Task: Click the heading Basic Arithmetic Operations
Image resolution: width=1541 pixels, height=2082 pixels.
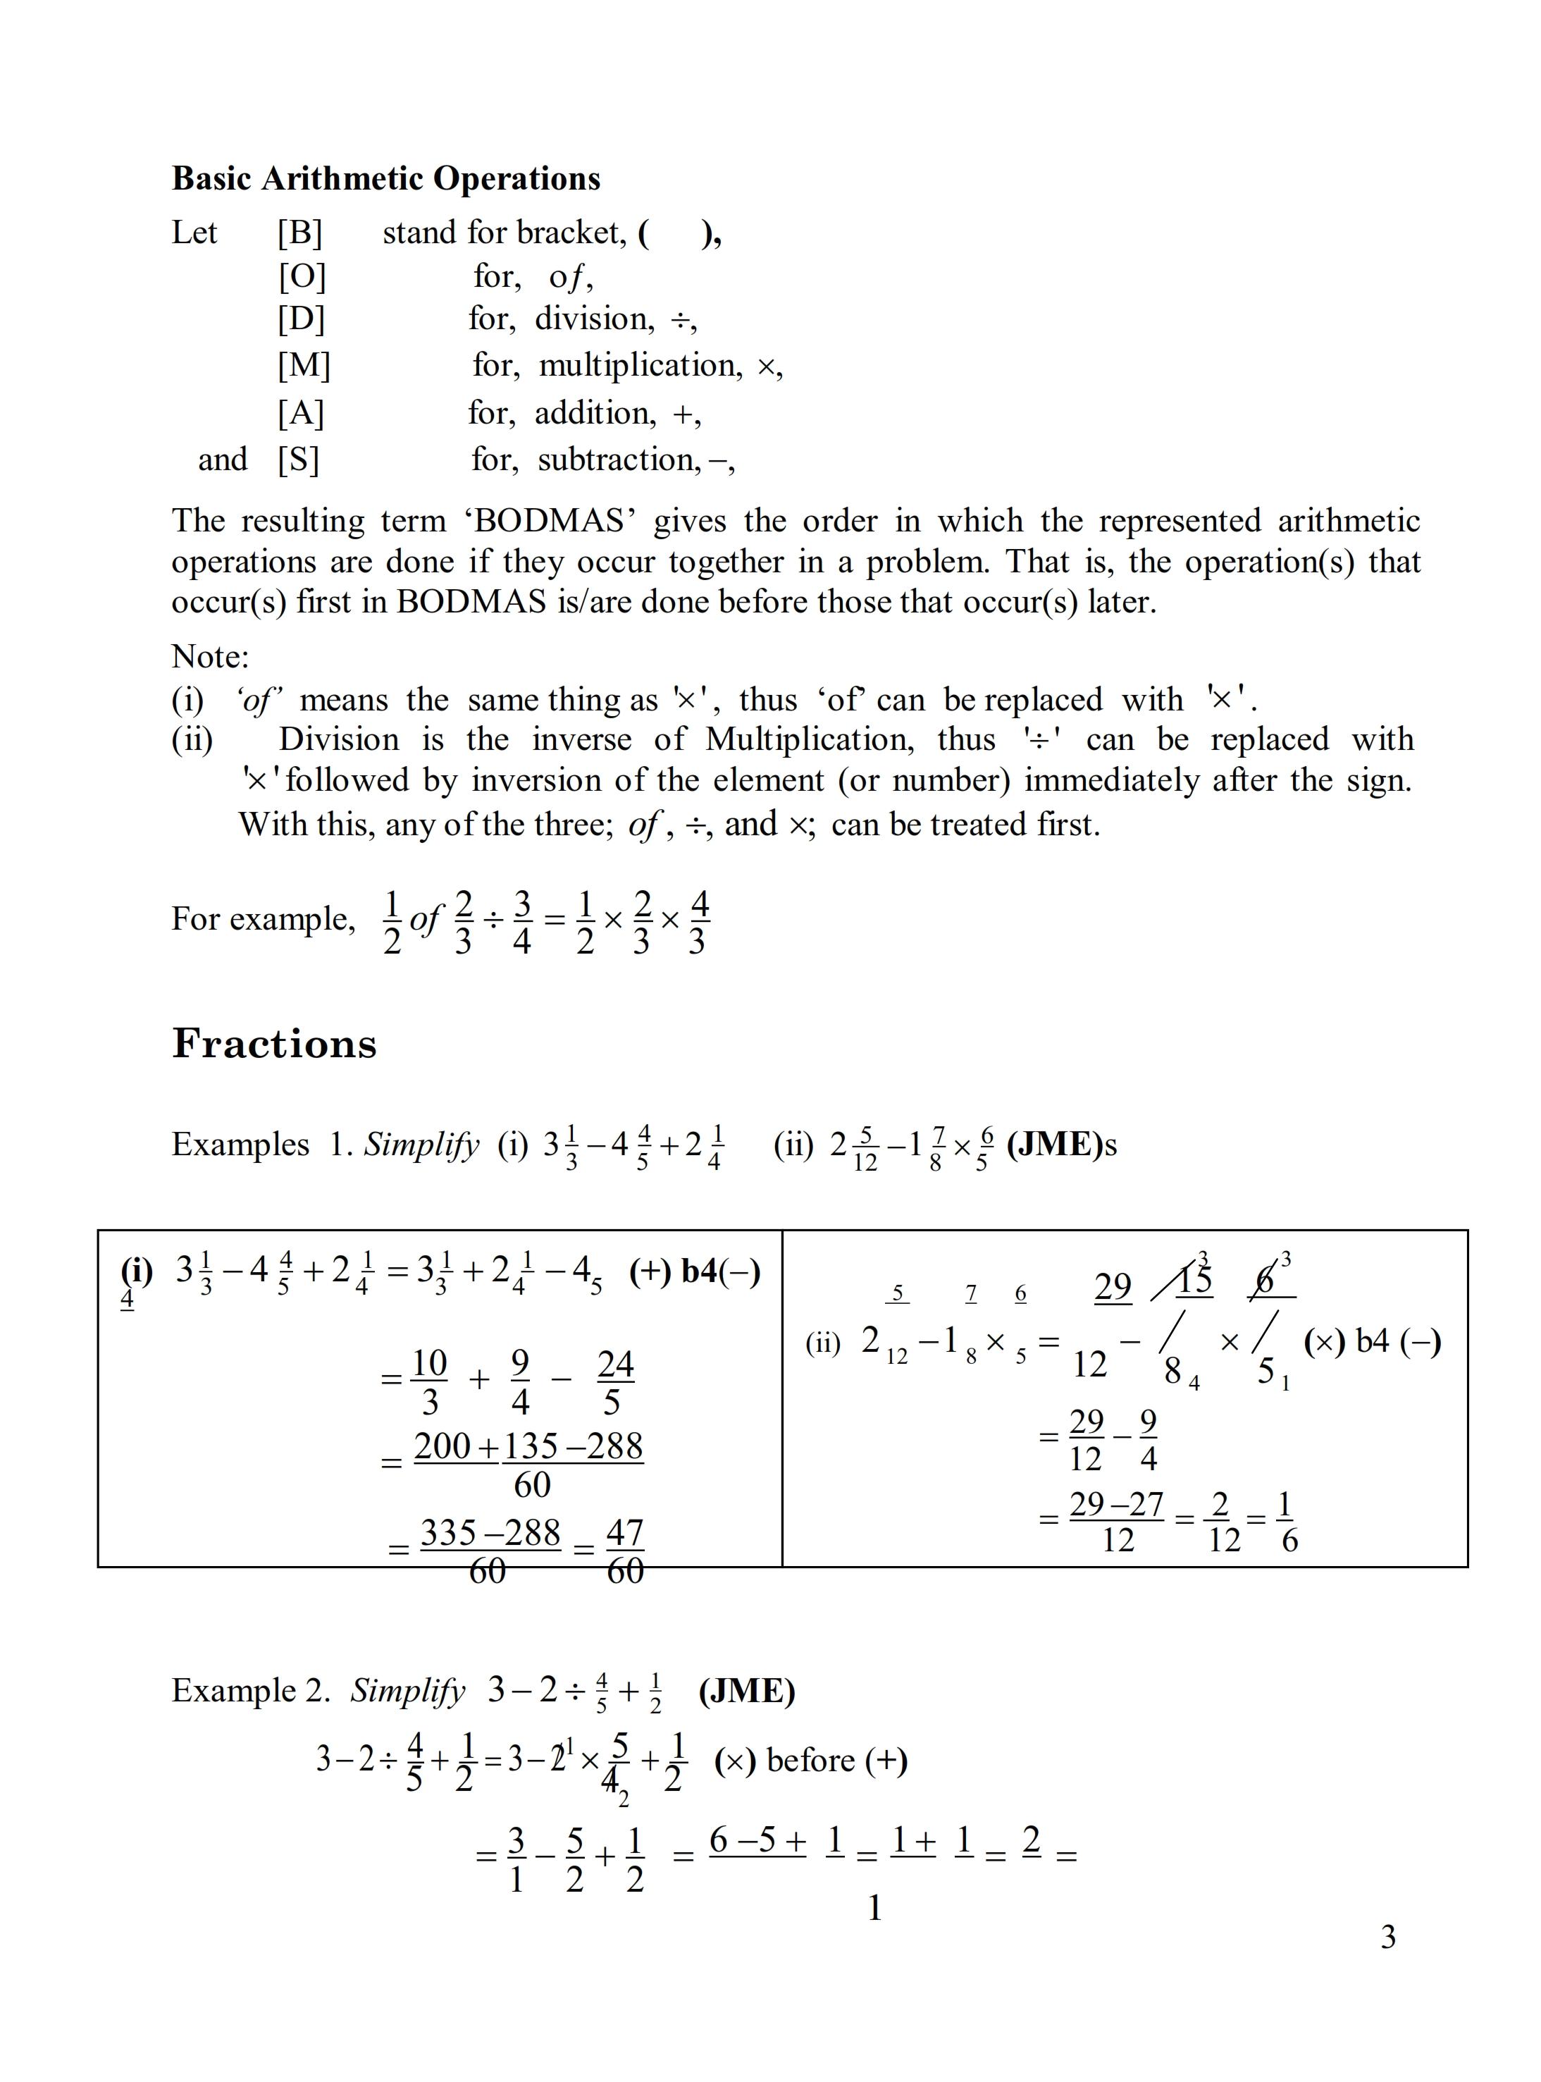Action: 385,178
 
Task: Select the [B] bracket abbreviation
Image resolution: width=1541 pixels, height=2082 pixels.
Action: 299,233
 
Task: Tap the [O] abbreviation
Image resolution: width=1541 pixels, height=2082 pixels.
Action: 302,276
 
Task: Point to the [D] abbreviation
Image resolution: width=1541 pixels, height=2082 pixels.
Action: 300,319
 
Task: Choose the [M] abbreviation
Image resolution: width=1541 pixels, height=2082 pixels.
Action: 303,364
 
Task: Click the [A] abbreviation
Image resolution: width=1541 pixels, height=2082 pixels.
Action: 300,412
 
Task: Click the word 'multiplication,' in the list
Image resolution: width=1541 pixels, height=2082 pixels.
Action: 640,364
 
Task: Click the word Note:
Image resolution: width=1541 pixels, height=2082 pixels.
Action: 210,657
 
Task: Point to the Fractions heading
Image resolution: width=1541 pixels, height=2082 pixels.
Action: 274,1044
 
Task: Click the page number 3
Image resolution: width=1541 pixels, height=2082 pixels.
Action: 1388,1937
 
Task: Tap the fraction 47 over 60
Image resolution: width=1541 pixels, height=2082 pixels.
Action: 625,1551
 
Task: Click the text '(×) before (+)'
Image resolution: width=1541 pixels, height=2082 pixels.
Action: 810,1760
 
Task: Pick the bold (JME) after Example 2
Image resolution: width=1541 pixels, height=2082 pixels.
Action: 746,1690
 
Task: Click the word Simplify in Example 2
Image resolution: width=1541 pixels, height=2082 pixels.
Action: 408,1690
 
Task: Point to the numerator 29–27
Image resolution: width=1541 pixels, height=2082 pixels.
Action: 1117,1505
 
